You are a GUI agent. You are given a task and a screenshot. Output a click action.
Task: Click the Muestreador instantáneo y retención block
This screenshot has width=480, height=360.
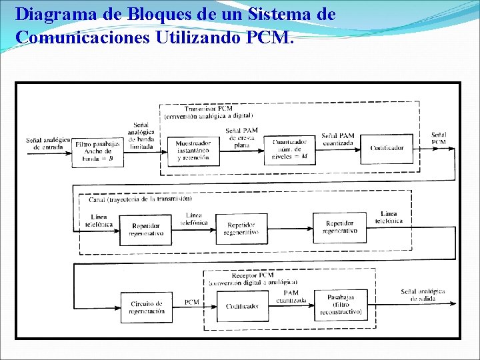tap(193, 150)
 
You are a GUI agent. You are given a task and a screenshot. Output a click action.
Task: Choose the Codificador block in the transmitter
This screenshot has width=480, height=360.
tap(387, 148)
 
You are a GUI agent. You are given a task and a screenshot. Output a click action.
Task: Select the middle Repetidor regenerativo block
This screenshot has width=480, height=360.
tap(241, 229)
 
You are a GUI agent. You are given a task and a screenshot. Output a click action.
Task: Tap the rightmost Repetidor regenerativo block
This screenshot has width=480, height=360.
tap(339, 227)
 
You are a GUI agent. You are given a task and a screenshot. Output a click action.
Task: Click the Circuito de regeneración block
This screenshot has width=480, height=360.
tap(147, 307)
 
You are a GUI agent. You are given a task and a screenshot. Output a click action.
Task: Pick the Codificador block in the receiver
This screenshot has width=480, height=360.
tap(242, 306)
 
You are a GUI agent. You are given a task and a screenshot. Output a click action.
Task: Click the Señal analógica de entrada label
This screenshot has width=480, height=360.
tap(48, 143)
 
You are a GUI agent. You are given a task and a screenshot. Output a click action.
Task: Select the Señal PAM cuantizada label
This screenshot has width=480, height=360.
tap(338, 139)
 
